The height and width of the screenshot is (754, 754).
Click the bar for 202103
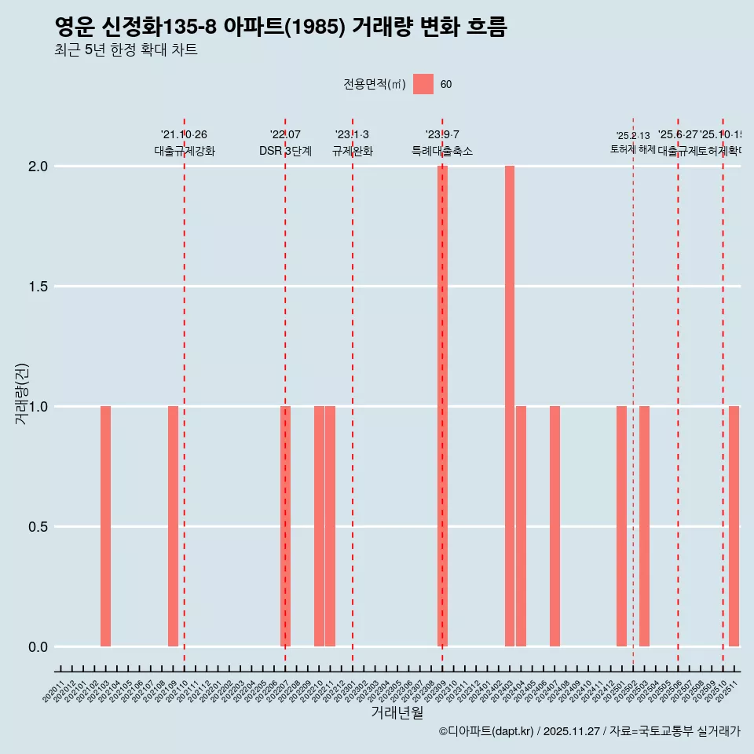click(x=105, y=526)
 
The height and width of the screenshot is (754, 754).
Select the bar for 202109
click(x=173, y=526)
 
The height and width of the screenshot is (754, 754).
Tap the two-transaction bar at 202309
click(x=442, y=406)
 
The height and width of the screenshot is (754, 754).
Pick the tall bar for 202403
click(x=510, y=406)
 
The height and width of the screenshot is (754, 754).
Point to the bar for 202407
click(x=555, y=526)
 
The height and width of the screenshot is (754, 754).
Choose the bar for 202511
click(x=734, y=526)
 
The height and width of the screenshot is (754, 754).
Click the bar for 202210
click(x=319, y=526)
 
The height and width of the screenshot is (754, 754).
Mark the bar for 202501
click(x=621, y=526)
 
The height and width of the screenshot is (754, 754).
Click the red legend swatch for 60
click(x=423, y=84)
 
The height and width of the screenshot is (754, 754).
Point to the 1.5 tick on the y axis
click(x=37, y=287)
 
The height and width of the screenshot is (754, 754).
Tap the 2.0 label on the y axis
click(x=37, y=167)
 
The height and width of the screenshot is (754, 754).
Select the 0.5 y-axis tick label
click(x=37, y=527)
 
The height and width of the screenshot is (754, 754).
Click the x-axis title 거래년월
click(x=397, y=712)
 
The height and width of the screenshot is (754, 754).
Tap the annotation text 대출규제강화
click(x=185, y=151)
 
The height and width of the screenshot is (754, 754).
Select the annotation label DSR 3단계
click(x=285, y=151)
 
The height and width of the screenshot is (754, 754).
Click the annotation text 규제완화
click(x=353, y=151)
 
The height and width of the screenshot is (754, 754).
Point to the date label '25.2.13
click(x=633, y=136)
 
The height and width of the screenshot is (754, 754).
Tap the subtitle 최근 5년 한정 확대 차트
click(x=126, y=50)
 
